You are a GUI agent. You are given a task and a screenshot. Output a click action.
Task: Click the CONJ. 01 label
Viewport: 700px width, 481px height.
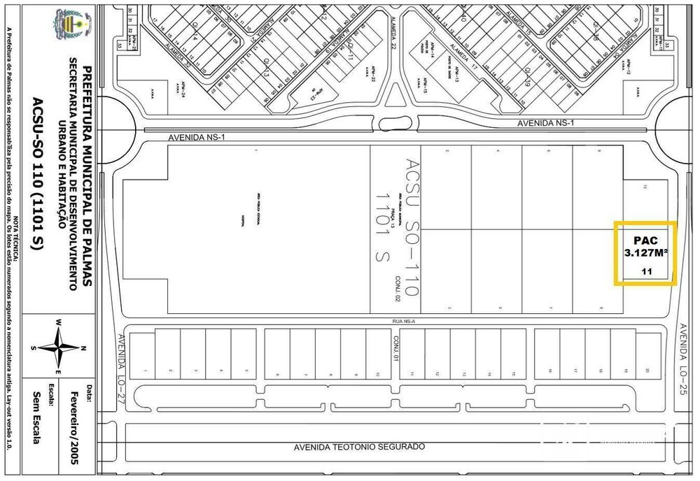tap(395, 347)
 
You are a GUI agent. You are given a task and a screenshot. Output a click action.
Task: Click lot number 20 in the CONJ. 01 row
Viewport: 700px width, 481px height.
tap(647, 371)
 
